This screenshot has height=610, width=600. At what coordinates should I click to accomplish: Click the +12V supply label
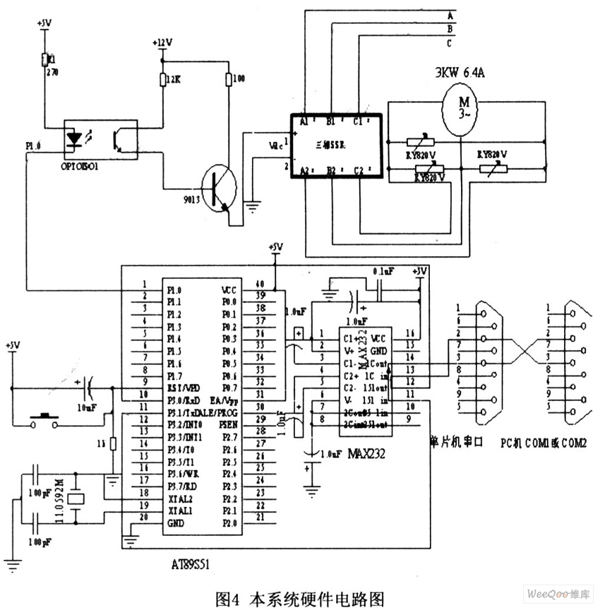click(x=162, y=42)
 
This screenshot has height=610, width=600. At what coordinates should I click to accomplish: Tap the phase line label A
click(x=450, y=15)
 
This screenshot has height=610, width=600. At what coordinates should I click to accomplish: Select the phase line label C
click(x=450, y=43)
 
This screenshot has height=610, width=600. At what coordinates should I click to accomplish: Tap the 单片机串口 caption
click(x=455, y=441)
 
